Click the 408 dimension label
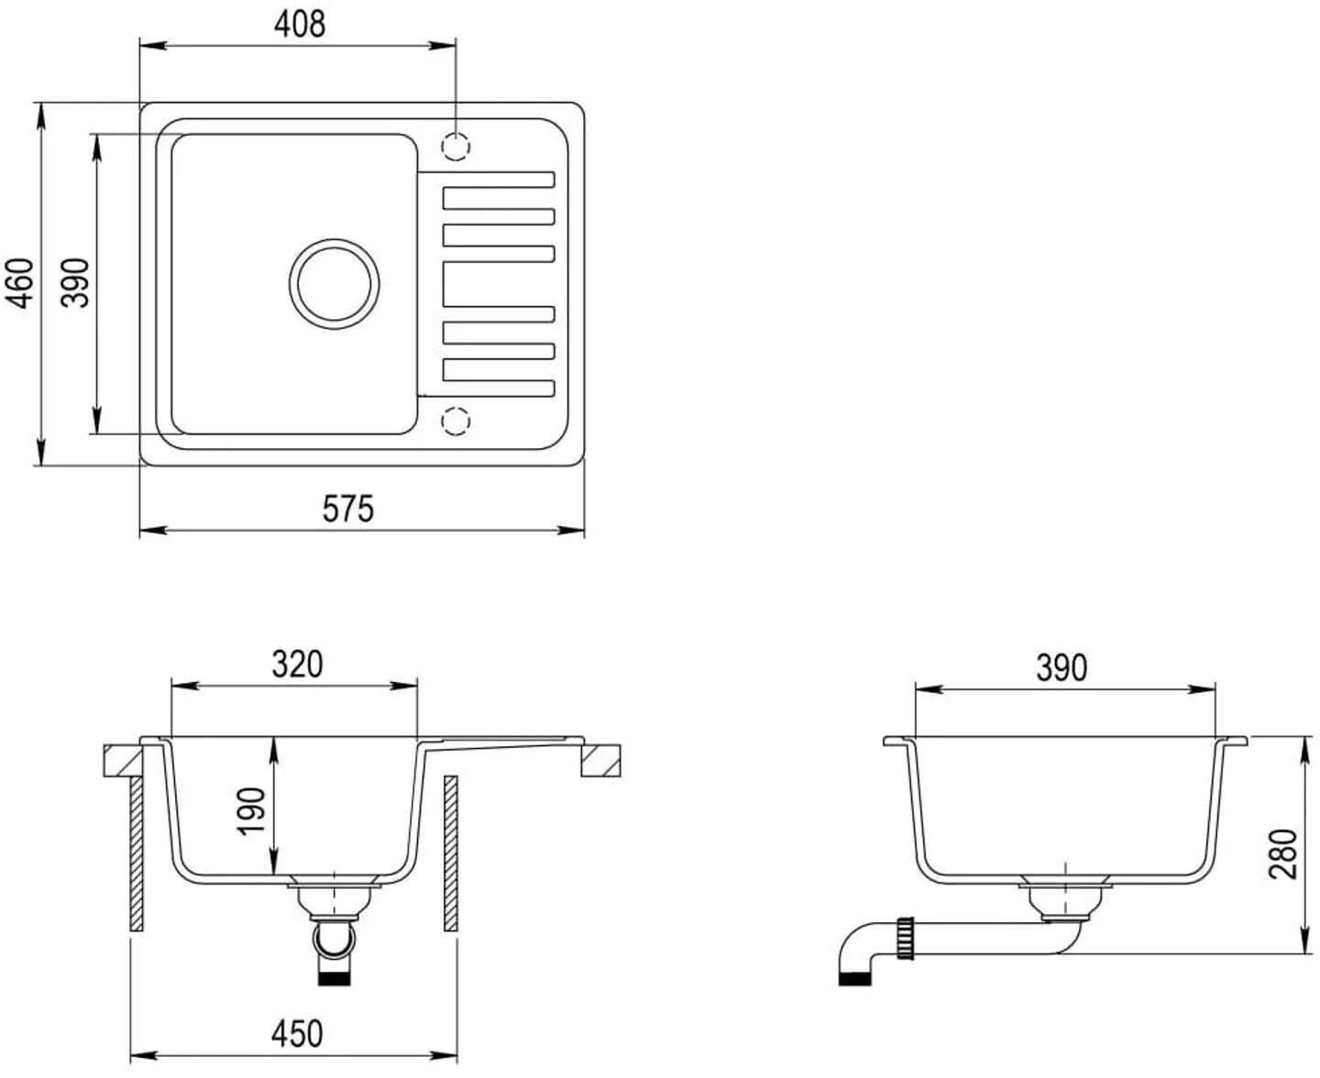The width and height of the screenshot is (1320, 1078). coord(300,25)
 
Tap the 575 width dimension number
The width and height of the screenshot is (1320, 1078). coord(348,508)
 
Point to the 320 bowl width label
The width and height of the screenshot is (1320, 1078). coord(297,664)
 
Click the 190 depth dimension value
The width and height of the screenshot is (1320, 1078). coord(251,811)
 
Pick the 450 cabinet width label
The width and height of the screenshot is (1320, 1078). coord(297,1033)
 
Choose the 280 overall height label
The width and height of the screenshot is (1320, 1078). coord(1283,852)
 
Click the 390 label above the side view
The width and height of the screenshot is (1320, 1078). coord(1061,668)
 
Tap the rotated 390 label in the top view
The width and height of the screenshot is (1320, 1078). coord(77,283)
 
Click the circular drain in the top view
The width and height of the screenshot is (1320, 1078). coord(335,282)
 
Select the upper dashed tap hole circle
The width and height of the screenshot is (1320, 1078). coord(456,146)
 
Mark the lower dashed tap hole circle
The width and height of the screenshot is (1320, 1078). coord(456,421)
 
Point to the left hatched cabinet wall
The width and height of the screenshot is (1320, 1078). coord(137,853)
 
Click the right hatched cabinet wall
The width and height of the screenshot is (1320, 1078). coord(450,853)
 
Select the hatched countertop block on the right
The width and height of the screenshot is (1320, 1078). coord(601,761)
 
